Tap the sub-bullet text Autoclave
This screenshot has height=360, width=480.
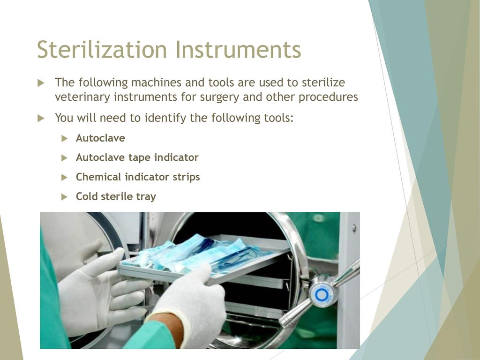100,138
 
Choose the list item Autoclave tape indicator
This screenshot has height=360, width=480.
137,157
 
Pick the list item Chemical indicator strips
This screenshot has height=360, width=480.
138,177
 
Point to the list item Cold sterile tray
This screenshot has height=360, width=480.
116,196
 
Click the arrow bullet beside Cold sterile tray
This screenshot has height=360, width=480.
64,197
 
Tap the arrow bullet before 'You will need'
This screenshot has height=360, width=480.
41,118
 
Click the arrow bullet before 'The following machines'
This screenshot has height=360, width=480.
41,83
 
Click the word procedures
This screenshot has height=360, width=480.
328,97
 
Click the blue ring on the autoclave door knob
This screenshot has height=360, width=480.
322,295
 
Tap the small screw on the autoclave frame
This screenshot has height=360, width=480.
354,228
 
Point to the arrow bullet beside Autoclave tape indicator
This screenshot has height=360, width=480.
64,158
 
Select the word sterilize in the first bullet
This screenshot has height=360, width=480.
323,82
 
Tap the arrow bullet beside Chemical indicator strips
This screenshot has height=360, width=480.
64,178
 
